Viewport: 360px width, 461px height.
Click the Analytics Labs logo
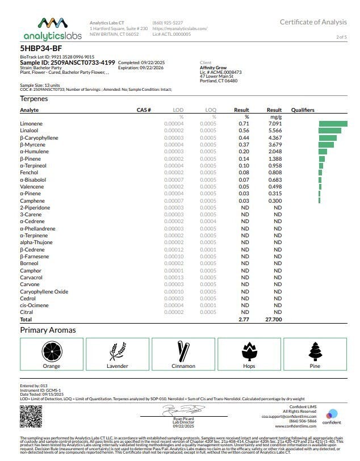point(52,28)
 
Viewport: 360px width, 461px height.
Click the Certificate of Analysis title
point(313,22)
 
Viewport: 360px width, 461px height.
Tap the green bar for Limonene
point(333,123)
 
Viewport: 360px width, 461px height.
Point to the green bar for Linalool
point(330,131)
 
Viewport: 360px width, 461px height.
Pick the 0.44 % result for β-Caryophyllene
point(244,137)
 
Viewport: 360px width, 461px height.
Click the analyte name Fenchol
point(30,173)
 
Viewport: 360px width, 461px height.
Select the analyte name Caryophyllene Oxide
point(44,291)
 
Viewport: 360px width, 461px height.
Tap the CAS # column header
point(144,110)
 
